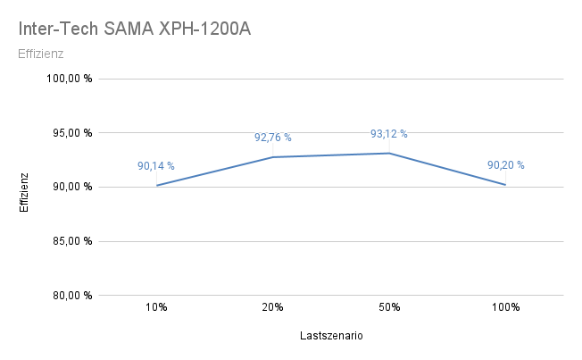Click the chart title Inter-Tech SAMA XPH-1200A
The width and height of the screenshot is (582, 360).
(x=134, y=29)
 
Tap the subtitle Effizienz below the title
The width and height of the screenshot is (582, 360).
(x=40, y=54)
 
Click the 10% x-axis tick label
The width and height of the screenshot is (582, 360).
(x=156, y=307)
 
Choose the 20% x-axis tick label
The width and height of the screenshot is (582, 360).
(x=272, y=307)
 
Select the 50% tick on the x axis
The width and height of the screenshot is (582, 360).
(x=389, y=307)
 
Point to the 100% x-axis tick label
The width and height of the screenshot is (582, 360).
(x=505, y=307)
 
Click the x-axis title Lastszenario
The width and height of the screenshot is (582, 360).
(x=330, y=337)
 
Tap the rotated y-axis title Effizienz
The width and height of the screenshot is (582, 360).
(x=25, y=192)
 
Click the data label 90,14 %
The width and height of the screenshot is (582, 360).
(x=156, y=166)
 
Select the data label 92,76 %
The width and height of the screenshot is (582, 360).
(x=272, y=138)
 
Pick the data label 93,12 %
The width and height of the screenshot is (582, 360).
(x=389, y=134)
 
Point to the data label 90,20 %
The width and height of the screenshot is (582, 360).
(x=505, y=165)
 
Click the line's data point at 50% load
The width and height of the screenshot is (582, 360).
(x=389, y=153)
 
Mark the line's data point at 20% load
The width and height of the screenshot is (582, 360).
(x=272, y=157)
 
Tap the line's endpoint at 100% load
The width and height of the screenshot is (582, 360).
(x=505, y=185)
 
